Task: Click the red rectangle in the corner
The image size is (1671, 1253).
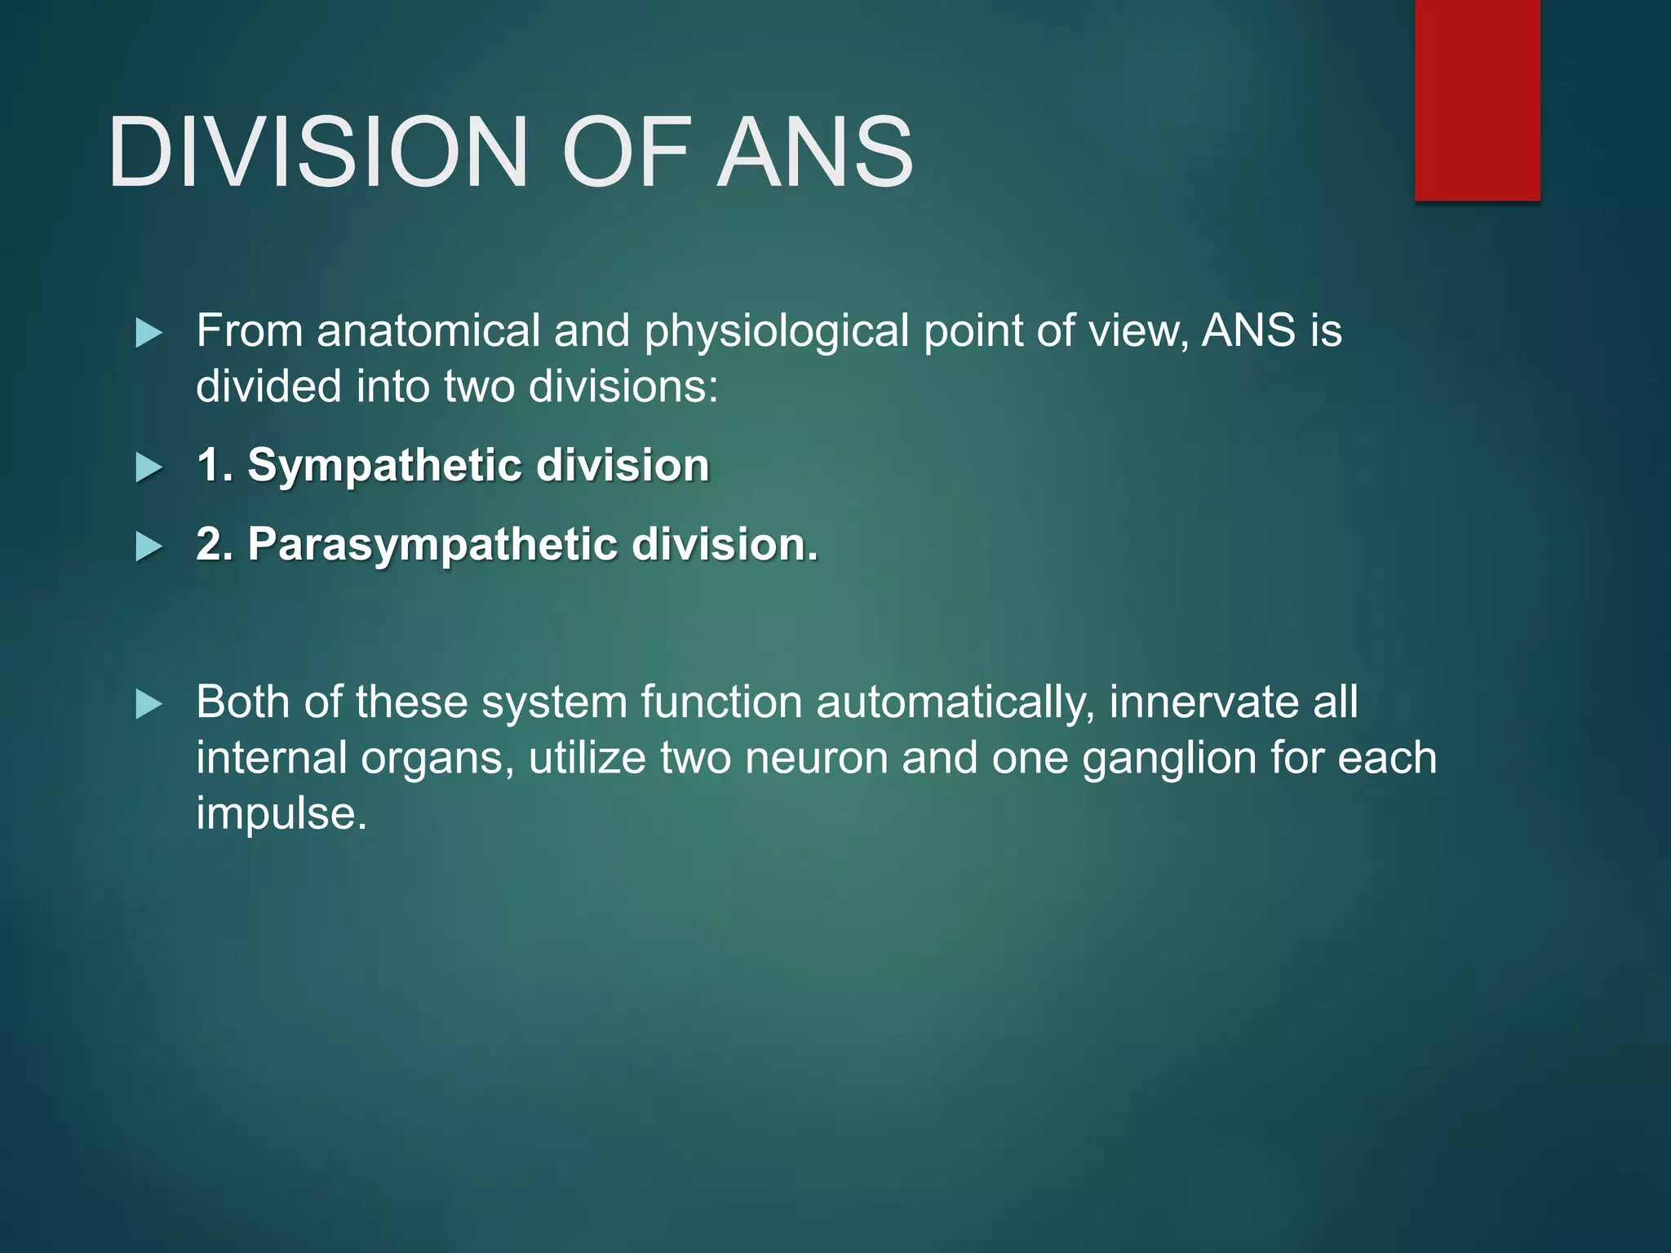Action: point(1477,100)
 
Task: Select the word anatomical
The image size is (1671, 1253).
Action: point(428,331)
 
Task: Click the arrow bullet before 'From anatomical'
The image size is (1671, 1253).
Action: point(148,333)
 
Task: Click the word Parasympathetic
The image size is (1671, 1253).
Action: point(432,545)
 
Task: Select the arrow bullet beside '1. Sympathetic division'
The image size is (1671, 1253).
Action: point(148,468)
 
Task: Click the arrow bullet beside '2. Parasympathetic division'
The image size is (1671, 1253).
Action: point(148,547)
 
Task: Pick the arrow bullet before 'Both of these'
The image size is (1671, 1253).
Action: point(148,704)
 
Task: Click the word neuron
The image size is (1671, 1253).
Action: point(816,758)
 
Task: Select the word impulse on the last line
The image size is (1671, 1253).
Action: point(281,814)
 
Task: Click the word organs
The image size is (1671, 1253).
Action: point(437,759)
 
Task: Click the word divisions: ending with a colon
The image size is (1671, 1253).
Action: point(623,387)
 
